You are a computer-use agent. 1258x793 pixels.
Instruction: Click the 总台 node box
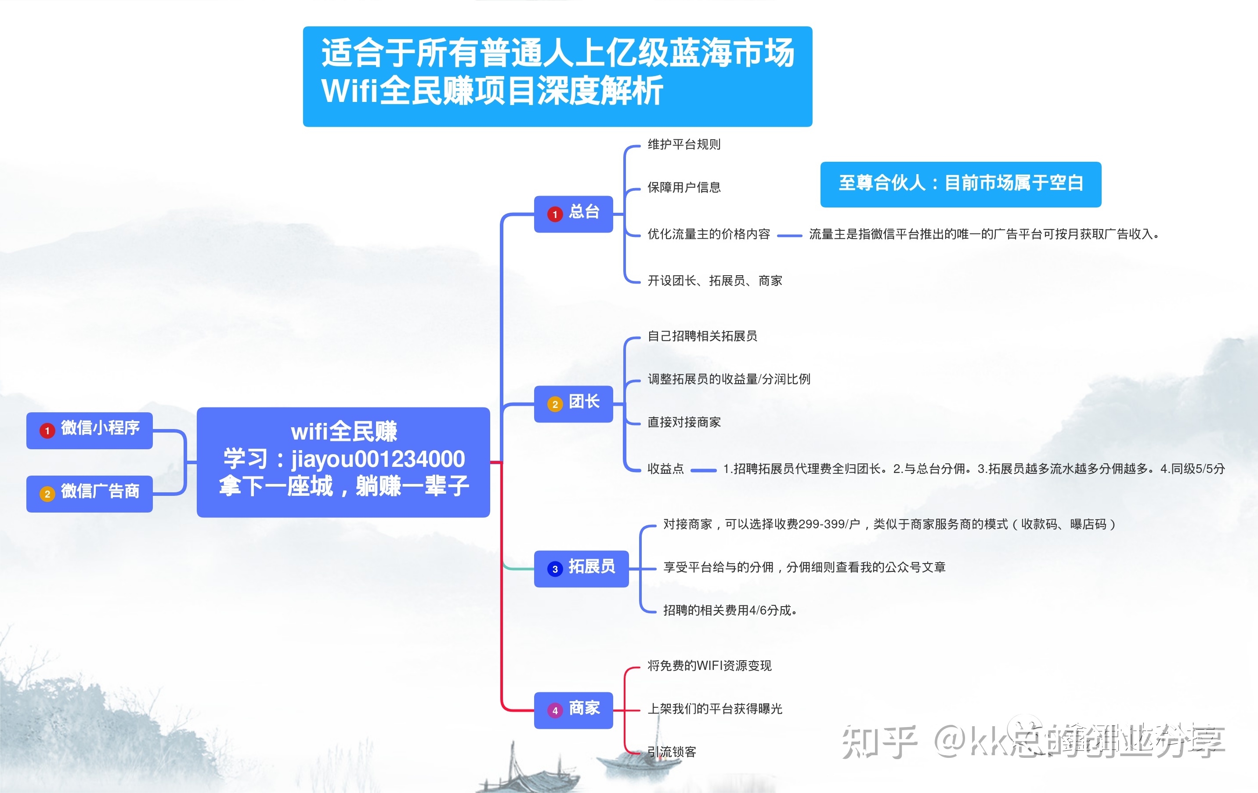click(573, 214)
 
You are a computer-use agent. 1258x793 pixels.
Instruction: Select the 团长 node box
click(573, 404)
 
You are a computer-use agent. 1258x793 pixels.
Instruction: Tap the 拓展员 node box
click(581, 569)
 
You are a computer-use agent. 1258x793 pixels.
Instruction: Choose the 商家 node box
click(573, 710)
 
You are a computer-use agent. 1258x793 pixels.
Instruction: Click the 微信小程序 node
click(89, 430)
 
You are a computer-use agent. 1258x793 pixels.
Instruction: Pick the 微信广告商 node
click(89, 494)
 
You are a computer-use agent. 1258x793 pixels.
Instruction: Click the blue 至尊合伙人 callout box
click(960, 184)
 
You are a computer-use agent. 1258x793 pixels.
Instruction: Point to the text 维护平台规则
click(684, 144)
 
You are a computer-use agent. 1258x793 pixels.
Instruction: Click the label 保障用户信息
click(684, 187)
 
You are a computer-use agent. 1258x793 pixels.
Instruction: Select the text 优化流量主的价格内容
click(709, 234)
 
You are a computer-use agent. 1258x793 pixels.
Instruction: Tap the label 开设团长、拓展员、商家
click(715, 281)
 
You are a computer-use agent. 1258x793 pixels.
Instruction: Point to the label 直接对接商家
click(684, 422)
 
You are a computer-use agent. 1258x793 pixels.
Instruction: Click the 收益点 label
click(665, 469)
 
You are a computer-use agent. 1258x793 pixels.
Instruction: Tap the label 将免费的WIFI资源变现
click(709, 666)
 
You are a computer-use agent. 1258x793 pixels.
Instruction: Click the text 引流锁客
click(672, 752)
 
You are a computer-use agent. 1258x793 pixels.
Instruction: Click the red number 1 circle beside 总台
click(555, 215)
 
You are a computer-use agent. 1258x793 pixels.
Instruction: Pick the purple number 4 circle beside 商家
click(555, 710)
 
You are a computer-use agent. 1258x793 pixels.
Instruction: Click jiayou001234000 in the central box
click(378, 459)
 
